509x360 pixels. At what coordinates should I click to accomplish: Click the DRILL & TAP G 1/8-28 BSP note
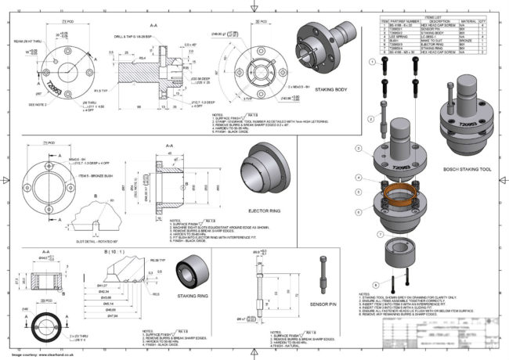click(x=134, y=37)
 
